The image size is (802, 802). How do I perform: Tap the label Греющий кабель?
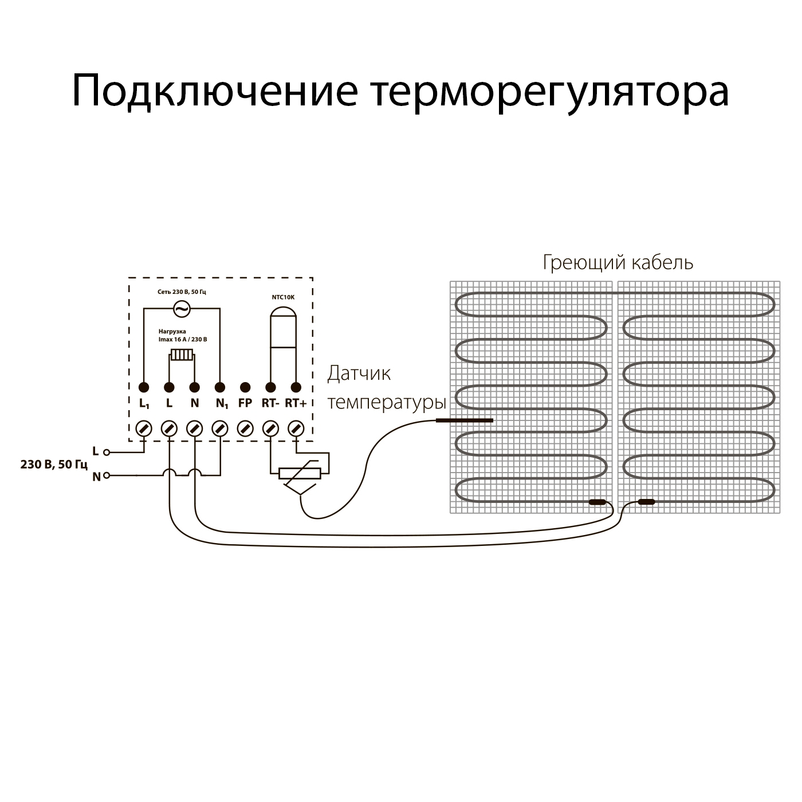pyautogui.click(x=618, y=263)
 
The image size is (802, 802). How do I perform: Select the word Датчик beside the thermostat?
pyautogui.click(x=359, y=374)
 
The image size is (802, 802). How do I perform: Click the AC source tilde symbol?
pyautogui.click(x=182, y=309)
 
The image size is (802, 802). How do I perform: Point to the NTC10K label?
pyautogui.click(x=283, y=297)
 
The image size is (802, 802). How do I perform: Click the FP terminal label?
pyautogui.click(x=245, y=403)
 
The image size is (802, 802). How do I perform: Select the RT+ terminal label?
pyautogui.click(x=296, y=403)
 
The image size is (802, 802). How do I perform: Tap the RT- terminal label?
pyautogui.click(x=270, y=403)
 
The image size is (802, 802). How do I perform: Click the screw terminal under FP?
pyautogui.click(x=245, y=428)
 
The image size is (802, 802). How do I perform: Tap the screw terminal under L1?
pyautogui.click(x=143, y=428)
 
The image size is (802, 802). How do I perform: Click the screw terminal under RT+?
pyautogui.click(x=296, y=428)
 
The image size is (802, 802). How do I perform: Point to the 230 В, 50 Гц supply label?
pyautogui.click(x=54, y=465)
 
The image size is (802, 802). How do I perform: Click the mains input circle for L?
pyautogui.click(x=107, y=453)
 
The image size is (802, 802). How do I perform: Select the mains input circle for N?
pyautogui.click(x=107, y=475)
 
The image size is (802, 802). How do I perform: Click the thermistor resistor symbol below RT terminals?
pyautogui.click(x=300, y=473)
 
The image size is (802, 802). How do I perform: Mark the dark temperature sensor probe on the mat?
pyautogui.click(x=465, y=420)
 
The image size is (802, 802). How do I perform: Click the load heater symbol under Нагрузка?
pyautogui.click(x=182, y=355)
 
